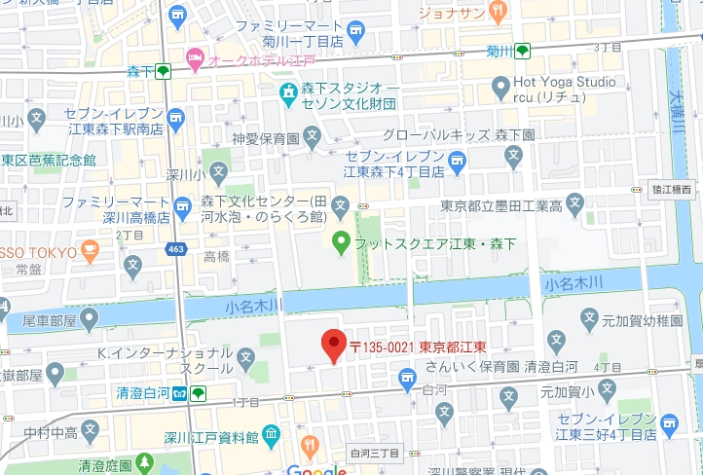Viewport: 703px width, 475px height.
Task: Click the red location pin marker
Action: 334,344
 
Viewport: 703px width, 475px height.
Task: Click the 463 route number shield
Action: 174,250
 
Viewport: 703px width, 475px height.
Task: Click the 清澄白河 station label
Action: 142,393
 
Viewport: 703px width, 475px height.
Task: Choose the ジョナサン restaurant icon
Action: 499,14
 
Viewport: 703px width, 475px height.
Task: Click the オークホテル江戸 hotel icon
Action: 195,60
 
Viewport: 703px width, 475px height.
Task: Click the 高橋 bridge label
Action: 216,256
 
